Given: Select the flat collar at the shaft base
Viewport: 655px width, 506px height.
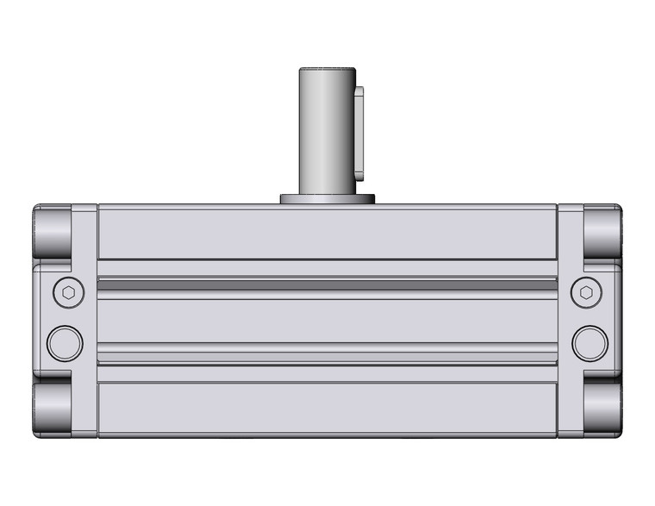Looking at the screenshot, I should pos(327,199).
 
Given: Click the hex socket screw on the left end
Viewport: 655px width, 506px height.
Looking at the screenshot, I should pos(68,292).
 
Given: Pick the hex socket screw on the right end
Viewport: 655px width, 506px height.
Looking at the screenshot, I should pos(587,292).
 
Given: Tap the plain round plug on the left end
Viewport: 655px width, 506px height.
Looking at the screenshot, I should pos(65,343).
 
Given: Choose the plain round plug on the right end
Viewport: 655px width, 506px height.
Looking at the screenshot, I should pos(589,343).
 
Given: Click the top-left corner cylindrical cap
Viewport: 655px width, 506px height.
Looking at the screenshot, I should pos(53,230).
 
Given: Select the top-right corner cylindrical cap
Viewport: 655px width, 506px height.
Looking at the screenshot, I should pos(602,230).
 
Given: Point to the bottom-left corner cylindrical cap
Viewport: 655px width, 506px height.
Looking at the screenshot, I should pos(53,409).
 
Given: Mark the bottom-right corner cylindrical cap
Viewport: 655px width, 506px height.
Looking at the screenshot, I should pos(602,409).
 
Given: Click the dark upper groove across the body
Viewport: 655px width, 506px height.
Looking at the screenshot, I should pos(327,284).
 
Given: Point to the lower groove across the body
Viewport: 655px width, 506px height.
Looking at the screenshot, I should pos(327,353).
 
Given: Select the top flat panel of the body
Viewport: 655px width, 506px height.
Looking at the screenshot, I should pos(327,232).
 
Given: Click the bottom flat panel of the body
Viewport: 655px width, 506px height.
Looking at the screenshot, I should pos(327,408).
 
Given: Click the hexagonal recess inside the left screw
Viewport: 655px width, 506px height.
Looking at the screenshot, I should pos(68,292).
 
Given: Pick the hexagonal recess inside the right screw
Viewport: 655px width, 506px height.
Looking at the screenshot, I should pos(587,292).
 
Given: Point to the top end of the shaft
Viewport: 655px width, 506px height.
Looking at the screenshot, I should pos(327,71).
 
